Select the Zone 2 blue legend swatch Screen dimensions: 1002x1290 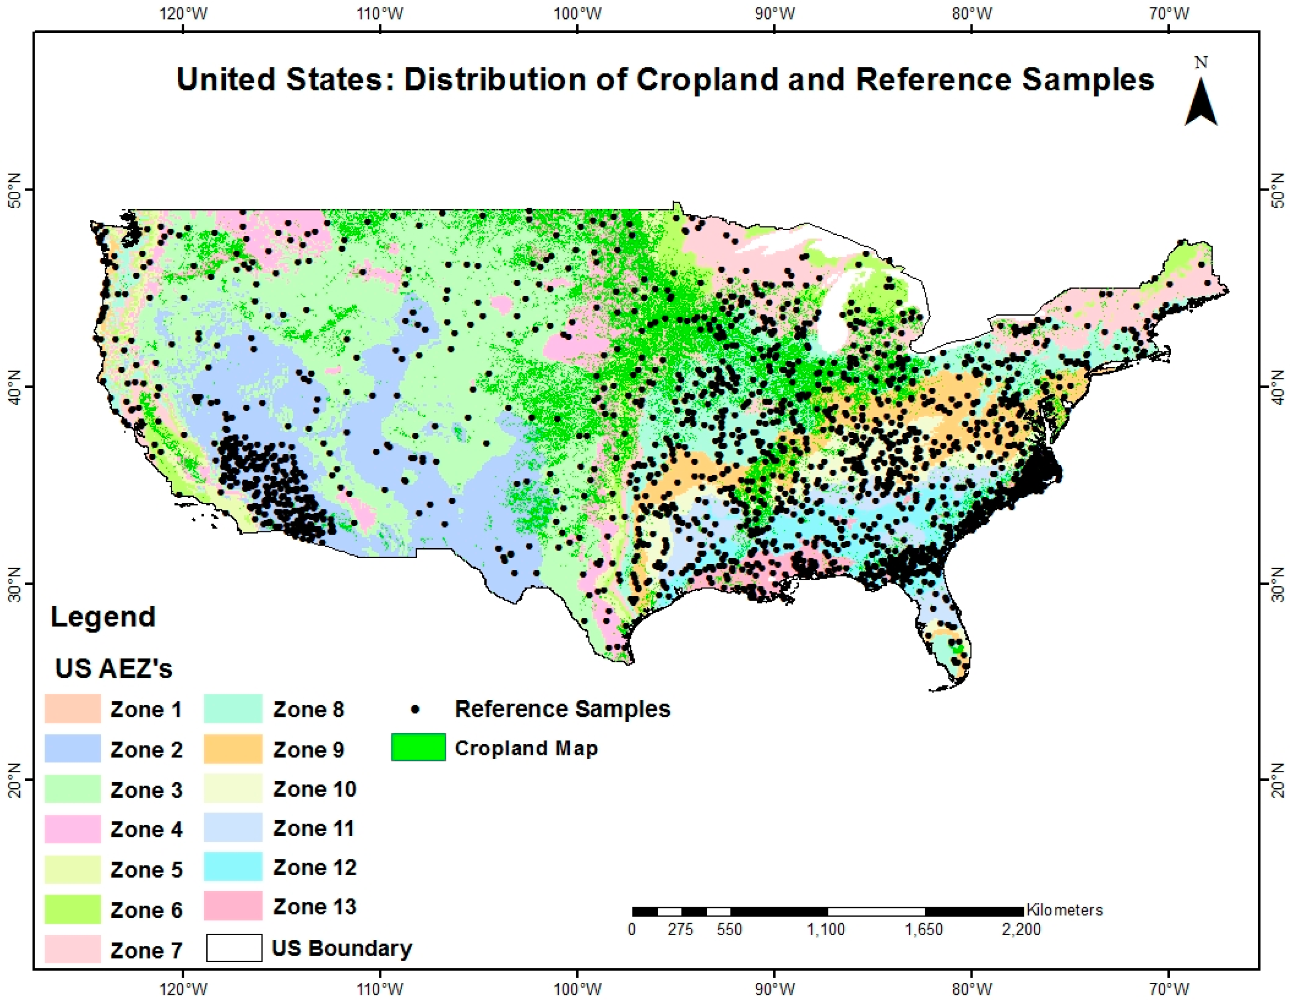(x=72, y=748)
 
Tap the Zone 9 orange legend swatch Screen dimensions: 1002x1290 (x=233, y=748)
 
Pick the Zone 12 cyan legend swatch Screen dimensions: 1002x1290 (x=233, y=867)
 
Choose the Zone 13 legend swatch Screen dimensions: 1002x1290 (x=233, y=906)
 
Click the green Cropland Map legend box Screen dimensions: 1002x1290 (x=418, y=748)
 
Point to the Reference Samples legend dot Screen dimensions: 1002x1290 (x=417, y=708)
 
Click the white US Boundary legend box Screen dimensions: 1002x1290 (x=234, y=948)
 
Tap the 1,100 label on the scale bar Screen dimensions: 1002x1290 (x=826, y=930)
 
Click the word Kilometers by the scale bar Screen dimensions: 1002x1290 (x=1065, y=910)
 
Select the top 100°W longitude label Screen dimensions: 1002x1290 (x=577, y=13)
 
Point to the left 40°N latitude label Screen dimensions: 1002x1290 (x=13, y=387)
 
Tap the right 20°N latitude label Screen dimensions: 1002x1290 (x=1277, y=780)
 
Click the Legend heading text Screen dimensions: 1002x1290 (x=103, y=617)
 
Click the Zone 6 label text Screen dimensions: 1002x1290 (x=146, y=910)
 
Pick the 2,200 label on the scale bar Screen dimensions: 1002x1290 (x=1021, y=930)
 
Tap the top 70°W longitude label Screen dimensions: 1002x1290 (x=1169, y=13)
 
